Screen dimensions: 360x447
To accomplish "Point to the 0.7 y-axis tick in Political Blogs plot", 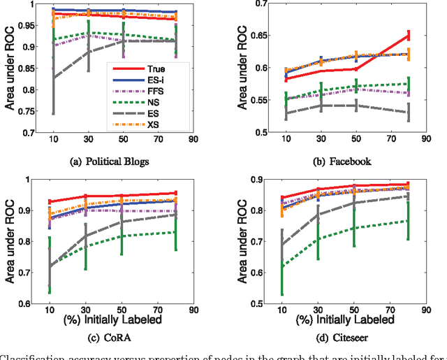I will [x=29, y=132].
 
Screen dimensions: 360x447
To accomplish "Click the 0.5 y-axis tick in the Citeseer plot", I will [x=257, y=303].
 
